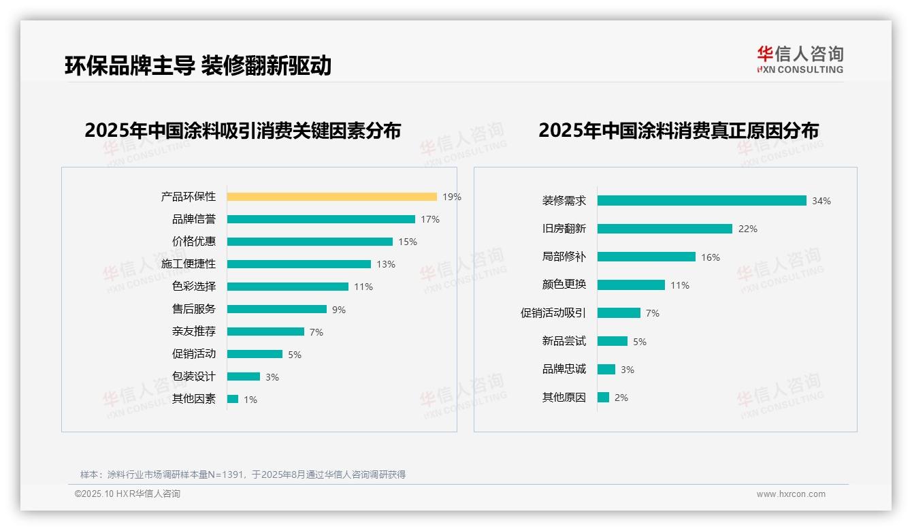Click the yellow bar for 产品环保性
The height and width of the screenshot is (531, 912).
point(331,197)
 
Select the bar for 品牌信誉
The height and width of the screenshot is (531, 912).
point(321,219)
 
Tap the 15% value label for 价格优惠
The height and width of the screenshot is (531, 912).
point(408,242)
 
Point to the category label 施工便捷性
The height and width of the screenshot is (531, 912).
point(189,264)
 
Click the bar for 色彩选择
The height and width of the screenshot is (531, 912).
point(287,287)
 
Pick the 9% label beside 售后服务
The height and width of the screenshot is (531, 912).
point(339,310)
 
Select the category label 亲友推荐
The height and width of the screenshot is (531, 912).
point(194,332)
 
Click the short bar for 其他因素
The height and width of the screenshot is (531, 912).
point(233,399)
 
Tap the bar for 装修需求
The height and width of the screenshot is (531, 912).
point(702,201)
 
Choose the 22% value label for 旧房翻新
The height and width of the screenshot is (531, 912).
point(747,229)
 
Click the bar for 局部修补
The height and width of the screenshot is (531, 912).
point(646,257)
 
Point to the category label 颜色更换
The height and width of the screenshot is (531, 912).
point(564,285)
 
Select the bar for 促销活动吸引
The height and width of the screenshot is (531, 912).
point(619,313)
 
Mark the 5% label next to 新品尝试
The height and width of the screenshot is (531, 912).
point(640,342)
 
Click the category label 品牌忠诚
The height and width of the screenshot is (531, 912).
point(564,369)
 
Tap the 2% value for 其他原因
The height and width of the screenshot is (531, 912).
point(621,398)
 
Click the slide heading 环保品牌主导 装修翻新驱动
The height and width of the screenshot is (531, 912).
point(198,65)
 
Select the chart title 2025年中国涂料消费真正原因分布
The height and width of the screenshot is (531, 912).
point(679,130)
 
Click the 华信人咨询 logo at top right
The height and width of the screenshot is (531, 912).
point(800,60)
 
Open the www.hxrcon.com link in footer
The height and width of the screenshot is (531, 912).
point(791,494)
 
